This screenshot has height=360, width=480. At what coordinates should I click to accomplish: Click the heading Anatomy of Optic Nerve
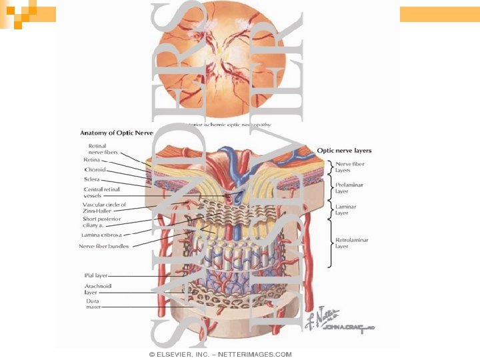coord(117,132)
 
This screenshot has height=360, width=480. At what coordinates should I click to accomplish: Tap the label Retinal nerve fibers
coord(103,149)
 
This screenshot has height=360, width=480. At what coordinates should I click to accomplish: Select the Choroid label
coord(95,169)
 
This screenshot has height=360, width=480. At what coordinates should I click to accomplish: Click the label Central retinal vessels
coord(101,192)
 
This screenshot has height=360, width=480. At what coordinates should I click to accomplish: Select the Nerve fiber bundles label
coord(104,246)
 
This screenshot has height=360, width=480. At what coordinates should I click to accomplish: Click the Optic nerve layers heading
coord(344,151)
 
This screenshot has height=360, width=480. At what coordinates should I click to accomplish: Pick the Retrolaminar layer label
coord(351,243)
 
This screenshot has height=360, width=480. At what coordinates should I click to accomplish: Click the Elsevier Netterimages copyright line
coord(220,354)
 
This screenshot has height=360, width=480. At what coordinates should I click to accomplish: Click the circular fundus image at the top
coord(233,63)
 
